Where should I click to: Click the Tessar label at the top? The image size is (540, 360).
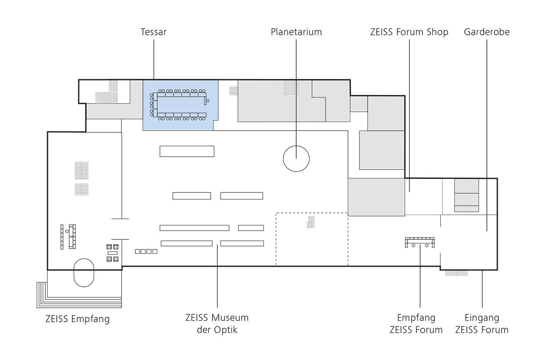point(153,32)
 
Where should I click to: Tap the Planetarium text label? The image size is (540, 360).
point(296,32)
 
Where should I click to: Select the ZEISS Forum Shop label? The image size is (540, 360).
point(409,32)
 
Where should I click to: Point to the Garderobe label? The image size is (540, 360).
point(486,32)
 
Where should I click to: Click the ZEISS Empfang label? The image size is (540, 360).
point(78,319)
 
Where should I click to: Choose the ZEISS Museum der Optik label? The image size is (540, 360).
point(217,323)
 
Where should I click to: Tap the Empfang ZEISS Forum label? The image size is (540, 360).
point(416,323)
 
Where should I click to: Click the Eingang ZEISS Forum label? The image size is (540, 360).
point(482,323)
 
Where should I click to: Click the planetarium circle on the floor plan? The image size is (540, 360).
point(296,158)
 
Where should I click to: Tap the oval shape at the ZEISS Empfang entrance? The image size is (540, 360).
point(84,273)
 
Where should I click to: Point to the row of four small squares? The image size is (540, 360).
point(146,251)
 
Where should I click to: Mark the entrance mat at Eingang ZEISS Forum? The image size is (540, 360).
point(456,273)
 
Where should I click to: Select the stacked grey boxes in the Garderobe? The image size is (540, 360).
point(466,195)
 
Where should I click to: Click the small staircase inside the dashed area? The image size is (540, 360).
point(310,222)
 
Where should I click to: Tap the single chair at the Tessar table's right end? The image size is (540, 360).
point(208,101)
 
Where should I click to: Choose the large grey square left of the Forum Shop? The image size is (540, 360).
point(376,197)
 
